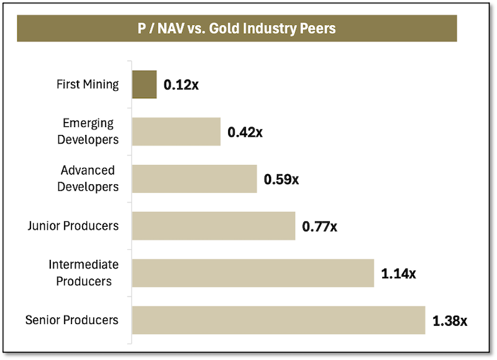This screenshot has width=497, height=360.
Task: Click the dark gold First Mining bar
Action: pos(144,85)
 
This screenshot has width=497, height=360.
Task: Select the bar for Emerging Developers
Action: pos(176,131)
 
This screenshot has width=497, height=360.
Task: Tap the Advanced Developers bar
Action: pos(194,179)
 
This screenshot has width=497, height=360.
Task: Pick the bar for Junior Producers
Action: pos(214,226)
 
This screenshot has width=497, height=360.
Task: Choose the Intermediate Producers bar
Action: pos(253,273)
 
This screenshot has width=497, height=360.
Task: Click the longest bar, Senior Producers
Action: pos(278,320)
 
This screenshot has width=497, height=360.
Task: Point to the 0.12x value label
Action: pos(181,85)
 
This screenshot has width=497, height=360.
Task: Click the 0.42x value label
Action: pos(245,132)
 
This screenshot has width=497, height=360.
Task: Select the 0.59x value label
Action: pos(281,179)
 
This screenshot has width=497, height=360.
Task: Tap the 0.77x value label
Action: pos(319,226)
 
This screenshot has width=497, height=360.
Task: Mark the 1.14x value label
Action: pos(398,274)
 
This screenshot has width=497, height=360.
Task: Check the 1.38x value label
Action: pos(449,321)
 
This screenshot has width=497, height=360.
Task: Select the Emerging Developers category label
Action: pos(88,131)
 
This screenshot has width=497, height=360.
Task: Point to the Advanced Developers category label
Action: pos(88,178)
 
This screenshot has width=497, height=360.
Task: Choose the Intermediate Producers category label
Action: pos(84,273)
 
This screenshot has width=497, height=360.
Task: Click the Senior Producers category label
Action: pos(72,320)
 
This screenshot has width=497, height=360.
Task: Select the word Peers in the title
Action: pos(319,29)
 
